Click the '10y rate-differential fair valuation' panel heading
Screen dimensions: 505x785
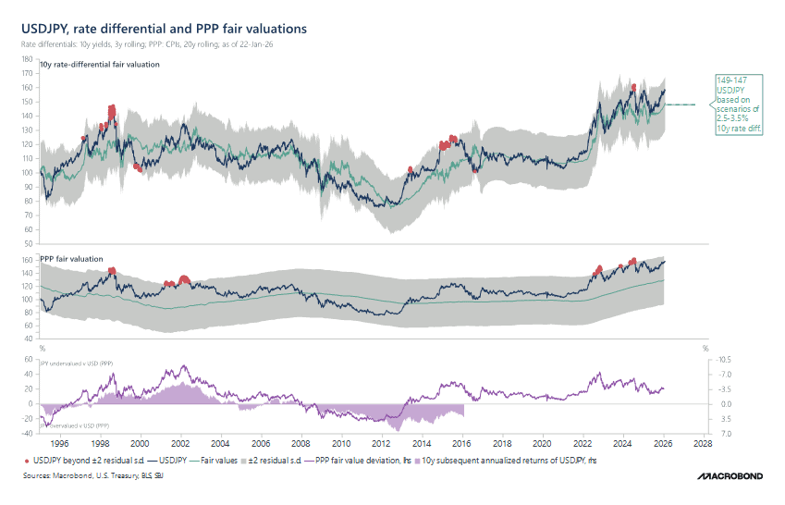point(100,65)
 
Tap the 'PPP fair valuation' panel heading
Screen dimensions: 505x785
point(71,258)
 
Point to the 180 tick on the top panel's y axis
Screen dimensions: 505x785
point(28,58)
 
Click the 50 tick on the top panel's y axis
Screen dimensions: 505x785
point(30,245)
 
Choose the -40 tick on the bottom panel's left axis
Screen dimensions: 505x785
point(28,433)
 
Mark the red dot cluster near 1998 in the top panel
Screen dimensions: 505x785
point(112,115)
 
